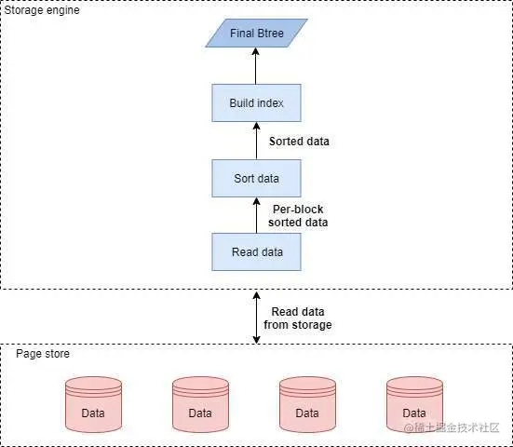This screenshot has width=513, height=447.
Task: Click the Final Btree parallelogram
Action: (255, 34)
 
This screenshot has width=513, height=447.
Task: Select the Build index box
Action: (255, 102)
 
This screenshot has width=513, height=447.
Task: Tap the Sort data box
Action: (255, 177)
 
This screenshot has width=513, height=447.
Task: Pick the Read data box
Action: (255, 251)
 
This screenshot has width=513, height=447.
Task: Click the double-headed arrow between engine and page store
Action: (255, 317)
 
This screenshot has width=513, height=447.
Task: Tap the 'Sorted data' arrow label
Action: (299, 142)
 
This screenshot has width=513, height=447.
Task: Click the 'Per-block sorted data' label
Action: (297, 216)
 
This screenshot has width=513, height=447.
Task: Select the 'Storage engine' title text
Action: (40, 10)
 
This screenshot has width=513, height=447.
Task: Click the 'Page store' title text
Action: (43, 354)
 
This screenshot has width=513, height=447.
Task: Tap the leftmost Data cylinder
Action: (93, 404)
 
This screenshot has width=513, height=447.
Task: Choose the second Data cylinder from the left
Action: (200, 404)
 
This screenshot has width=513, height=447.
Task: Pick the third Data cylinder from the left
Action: (307, 404)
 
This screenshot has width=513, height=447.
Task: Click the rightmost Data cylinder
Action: (414, 404)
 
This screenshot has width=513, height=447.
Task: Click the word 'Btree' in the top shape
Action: (271, 34)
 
